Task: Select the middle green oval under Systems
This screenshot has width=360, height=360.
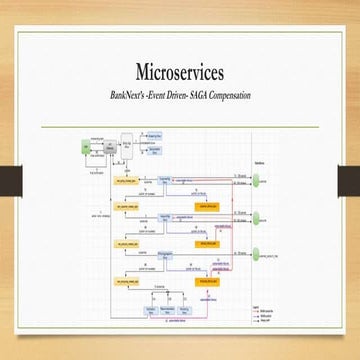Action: [260, 218]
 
